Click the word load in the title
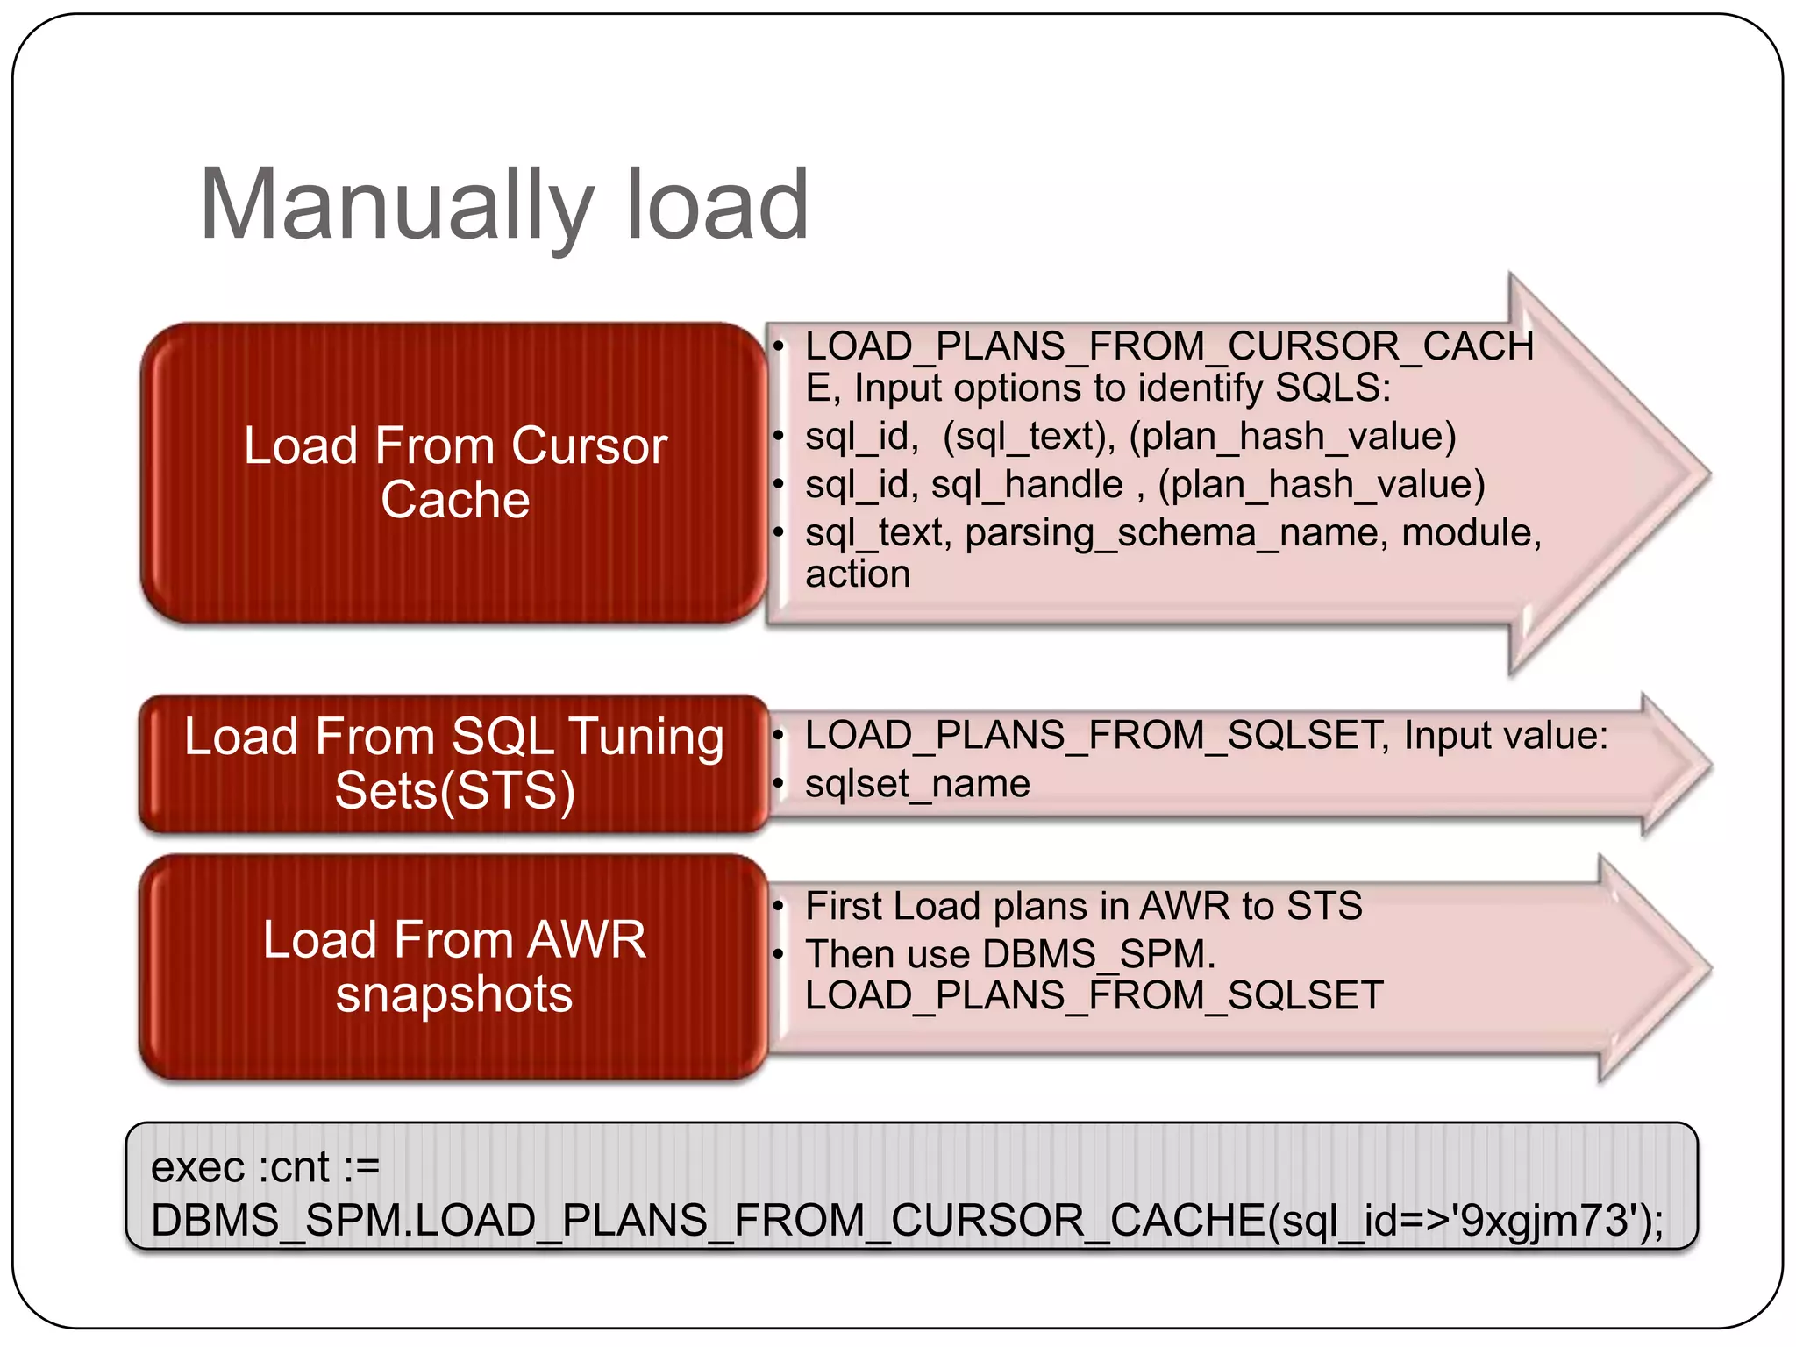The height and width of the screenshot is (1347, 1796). pyautogui.click(x=716, y=206)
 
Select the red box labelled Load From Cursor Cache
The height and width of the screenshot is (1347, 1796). pyautogui.click(x=454, y=473)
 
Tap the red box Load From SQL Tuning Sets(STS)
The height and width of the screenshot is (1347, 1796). pyautogui.click(x=454, y=763)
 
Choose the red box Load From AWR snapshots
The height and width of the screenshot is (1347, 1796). pyautogui.click(x=454, y=966)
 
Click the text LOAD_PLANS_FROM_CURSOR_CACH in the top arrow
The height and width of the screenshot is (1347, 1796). pyautogui.click(x=1168, y=346)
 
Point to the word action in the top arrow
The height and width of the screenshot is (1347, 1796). pyautogui.click(x=858, y=574)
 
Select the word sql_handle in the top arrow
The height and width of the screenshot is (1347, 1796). pyautogui.click(x=1026, y=485)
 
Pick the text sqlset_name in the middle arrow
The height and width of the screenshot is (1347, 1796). pyautogui.click(x=917, y=784)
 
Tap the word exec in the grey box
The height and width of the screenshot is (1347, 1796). pyautogui.click(x=197, y=1168)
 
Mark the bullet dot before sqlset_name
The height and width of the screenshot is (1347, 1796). pyautogui.click(x=778, y=783)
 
